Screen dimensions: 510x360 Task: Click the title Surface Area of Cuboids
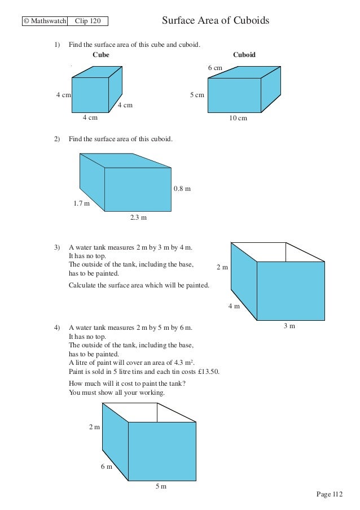click(x=216, y=21)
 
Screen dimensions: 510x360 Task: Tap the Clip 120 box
click(x=87, y=21)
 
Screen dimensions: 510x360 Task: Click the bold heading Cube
click(x=100, y=55)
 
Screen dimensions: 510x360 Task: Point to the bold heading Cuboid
click(x=244, y=55)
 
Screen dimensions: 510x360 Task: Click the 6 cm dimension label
click(x=215, y=68)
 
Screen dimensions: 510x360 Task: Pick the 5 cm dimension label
click(x=197, y=95)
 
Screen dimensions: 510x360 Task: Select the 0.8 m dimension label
click(x=182, y=189)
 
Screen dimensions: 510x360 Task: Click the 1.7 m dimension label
click(x=82, y=203)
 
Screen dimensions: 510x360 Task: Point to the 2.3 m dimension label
click(x=138, y=217)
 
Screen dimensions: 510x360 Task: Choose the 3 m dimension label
click(x=289, y=326)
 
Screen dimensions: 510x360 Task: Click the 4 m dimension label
click(x=234, y=306)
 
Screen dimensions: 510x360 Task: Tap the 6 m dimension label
click(x=106, y=467)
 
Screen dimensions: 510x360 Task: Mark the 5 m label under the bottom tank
click(x=161, y=487)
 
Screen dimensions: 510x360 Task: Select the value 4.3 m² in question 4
click(x=183, y=362)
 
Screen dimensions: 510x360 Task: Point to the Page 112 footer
click(x=330, y=494)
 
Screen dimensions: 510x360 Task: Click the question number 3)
click(x=57, y=247)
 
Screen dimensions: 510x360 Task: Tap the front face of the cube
click(x=90, y=95)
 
